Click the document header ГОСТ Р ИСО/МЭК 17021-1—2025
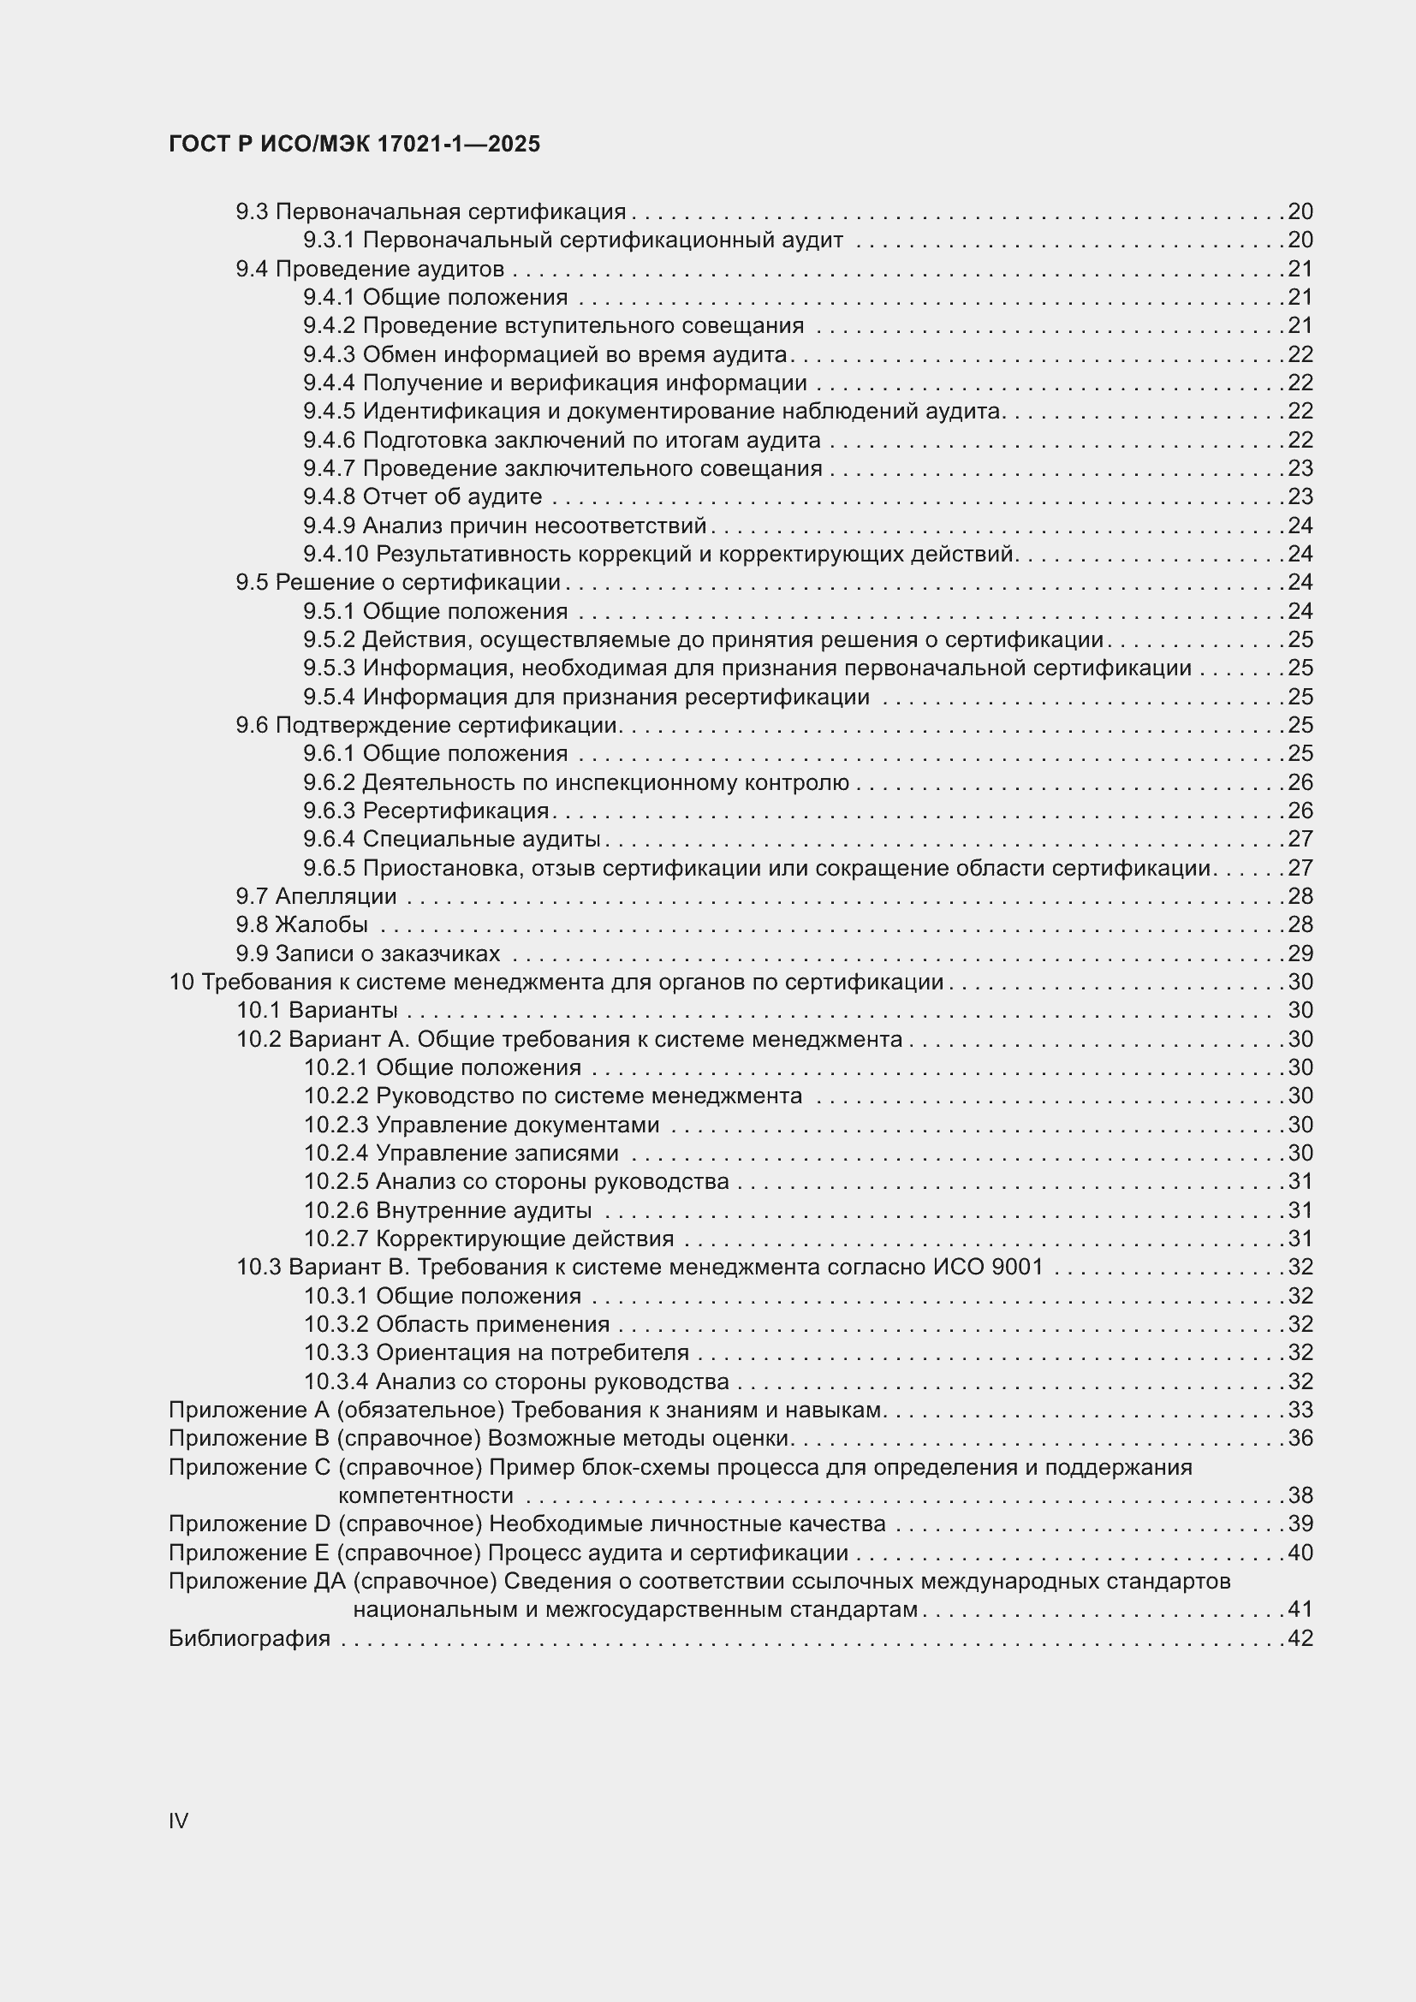coord(354,145)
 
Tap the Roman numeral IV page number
coord(179,1821)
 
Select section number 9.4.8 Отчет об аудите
coord(330,497)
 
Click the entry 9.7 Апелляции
coord(316,896)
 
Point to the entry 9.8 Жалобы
coord(301,924)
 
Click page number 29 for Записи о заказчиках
coord(1300,953)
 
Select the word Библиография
coord(249,1638)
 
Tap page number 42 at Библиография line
coord(1300,1638)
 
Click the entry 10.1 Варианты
coord(318,1011)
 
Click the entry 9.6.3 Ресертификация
coord(426,811)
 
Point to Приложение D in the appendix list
coord(249,1524)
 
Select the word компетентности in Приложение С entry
coord(425,1495)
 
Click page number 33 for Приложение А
coord(1300,1410)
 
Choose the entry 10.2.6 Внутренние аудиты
coord(448,1210)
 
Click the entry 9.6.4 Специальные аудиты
coord(452,840)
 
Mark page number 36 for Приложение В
coord(1300,1438)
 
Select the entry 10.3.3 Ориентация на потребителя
coord(497,1352)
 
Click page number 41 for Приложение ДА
coord(1300,1610)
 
